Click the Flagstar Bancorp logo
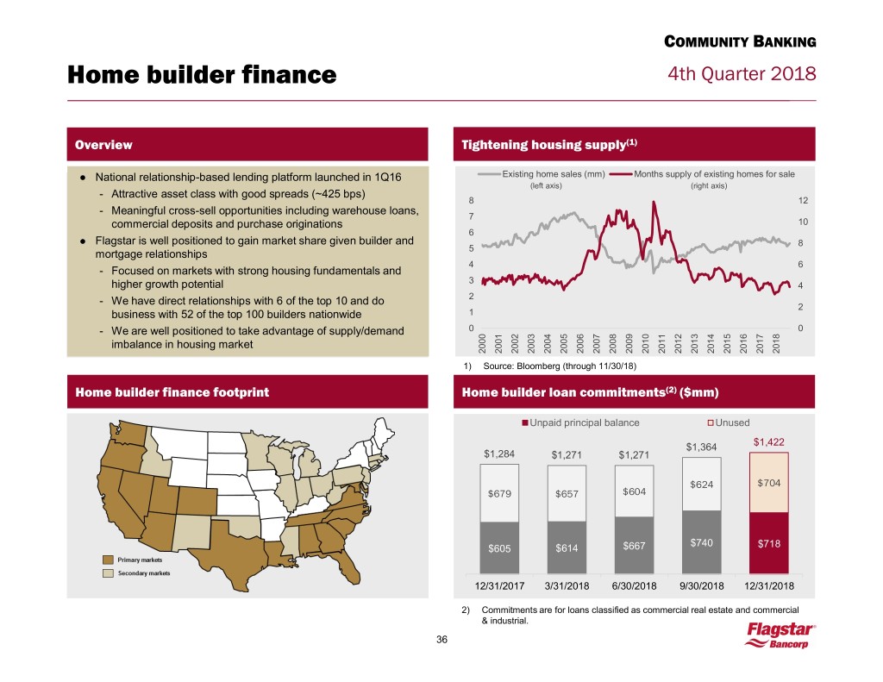tap(780, 639)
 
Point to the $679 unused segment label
tap(501, 494)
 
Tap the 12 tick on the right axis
tap(802, 201)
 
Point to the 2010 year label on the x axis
tap(645, 342)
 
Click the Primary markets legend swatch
tap(109, 558)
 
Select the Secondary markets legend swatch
tap(109, 573)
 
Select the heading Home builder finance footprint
tap(172, 392)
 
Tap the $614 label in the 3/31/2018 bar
tap(568, 547)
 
